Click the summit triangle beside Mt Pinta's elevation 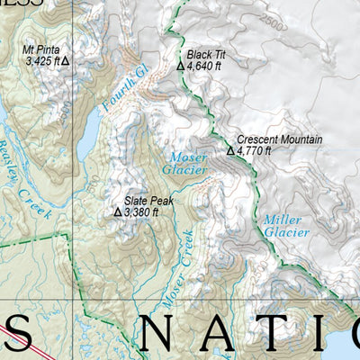64,62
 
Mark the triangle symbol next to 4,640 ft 180,66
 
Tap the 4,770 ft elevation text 255,151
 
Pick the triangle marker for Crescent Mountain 230,151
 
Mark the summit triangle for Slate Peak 117,212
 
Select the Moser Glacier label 188,163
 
